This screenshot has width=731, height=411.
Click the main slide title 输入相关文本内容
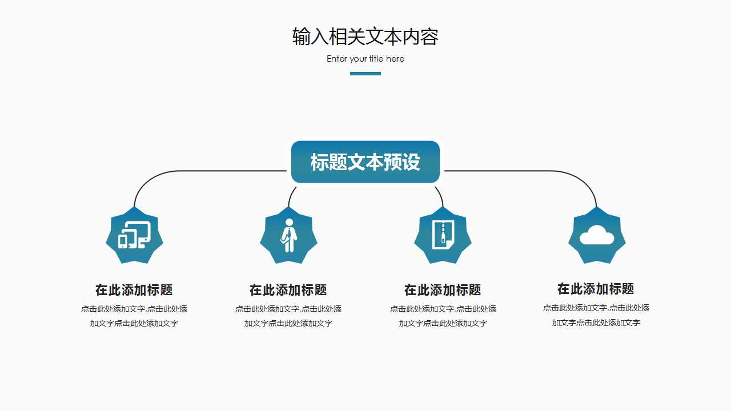click(x=365, y=37)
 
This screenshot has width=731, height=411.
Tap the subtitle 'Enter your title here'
click(x=365, y=59)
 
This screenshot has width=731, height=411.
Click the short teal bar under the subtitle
click(x=365, y=73)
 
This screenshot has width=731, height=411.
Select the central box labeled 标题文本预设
click(x=365, y=162)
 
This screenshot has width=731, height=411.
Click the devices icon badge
click(x=134, y=235)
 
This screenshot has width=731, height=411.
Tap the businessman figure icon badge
click(x=288, y=235)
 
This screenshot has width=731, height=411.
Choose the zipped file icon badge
click(x=443, y=235)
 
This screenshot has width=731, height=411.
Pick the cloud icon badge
click(x=597, y=235)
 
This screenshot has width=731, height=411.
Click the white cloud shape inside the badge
click(x=597, y=235)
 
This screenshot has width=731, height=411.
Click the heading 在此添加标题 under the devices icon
click(x=134, y=290)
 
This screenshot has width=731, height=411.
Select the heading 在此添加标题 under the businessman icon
click(x=288, y=290)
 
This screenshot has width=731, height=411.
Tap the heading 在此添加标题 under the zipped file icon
click(x=443, y=290)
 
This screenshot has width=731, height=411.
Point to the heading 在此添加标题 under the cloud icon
click(x=596, y=289)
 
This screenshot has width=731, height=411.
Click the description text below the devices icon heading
click(x=134, y=316)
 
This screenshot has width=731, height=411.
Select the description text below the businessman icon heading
click(x=288, y=316)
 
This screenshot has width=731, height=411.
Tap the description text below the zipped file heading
click(x=443, y=316)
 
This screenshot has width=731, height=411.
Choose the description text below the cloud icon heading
click(x=596, y=315)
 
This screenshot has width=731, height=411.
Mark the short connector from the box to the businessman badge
click(x=291, y=195)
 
